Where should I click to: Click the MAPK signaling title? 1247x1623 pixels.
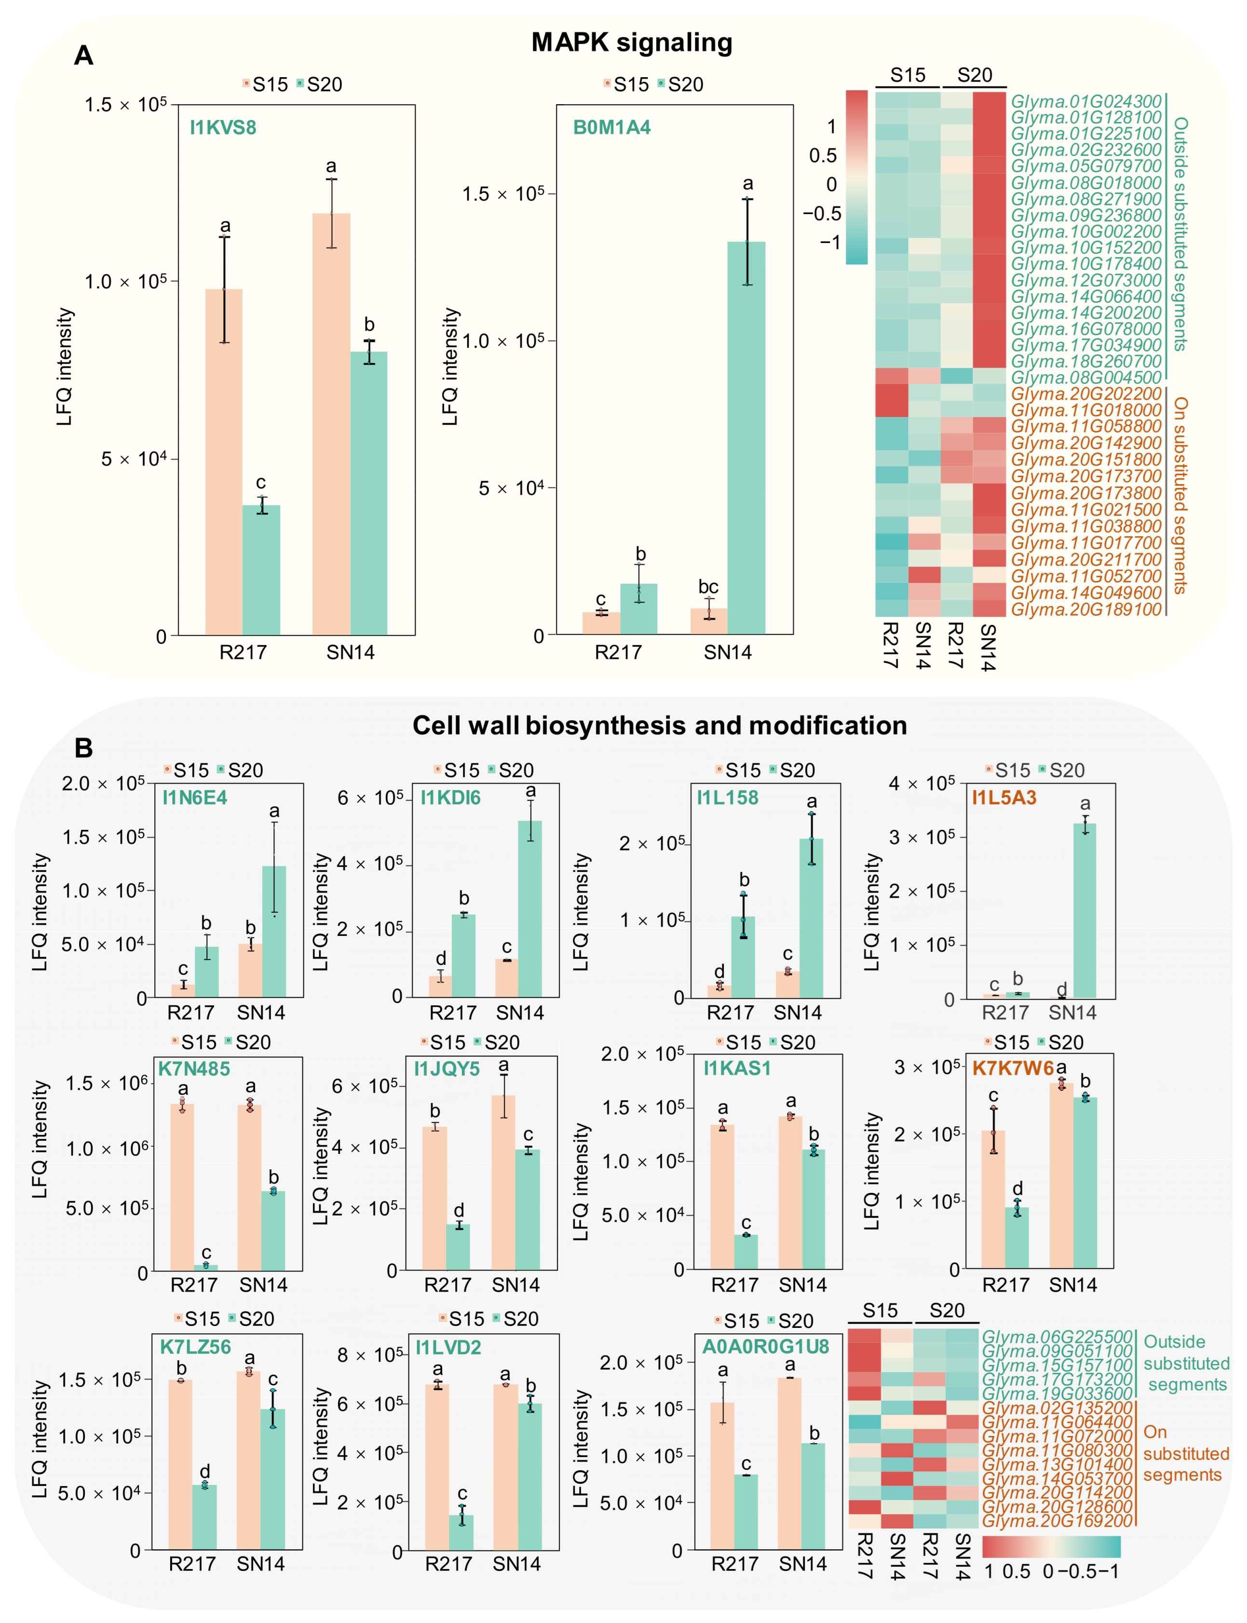click(x=632, y=42)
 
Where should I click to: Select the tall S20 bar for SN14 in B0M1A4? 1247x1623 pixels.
click(x=746, y=438)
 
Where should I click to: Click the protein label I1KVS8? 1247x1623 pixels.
click(x=223, y=128)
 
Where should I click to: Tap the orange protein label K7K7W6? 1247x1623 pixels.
click(x=1013, y=1068)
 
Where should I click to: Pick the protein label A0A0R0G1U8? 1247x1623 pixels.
click(x=765, y=1347)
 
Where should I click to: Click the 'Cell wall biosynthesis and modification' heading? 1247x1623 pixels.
click(x=659, y=725)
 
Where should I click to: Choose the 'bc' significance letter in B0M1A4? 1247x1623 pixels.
click(x=708, y=587)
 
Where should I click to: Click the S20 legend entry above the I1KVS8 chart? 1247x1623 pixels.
click(x=319, y=84)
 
